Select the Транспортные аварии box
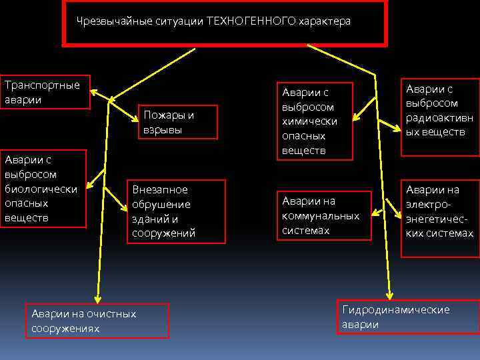(x=44, y=92)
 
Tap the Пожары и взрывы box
(x=177, y=122)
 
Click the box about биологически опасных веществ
(x=43, y=189)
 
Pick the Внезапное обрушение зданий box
(x=176, y=211)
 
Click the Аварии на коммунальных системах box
(x=323, y=215)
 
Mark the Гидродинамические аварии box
(x=407, y=317)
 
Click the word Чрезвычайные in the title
(x=107, y=21)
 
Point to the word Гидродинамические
(x=396, y=309)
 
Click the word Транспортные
(x=42, y=85)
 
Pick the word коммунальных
(x=321, y=215)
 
